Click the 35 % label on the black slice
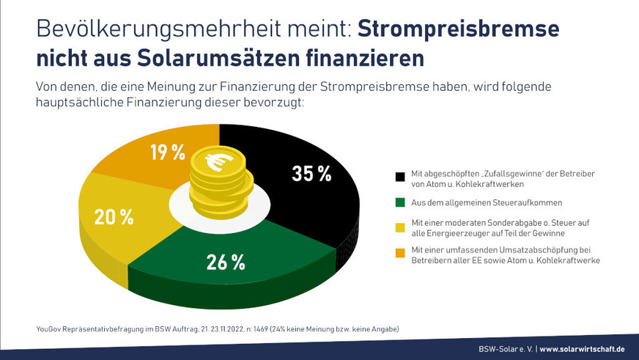(312, 174)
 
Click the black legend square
(399, 177)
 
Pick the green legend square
(399, 201)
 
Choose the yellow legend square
(399, 227)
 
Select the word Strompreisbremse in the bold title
(459, 29)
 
